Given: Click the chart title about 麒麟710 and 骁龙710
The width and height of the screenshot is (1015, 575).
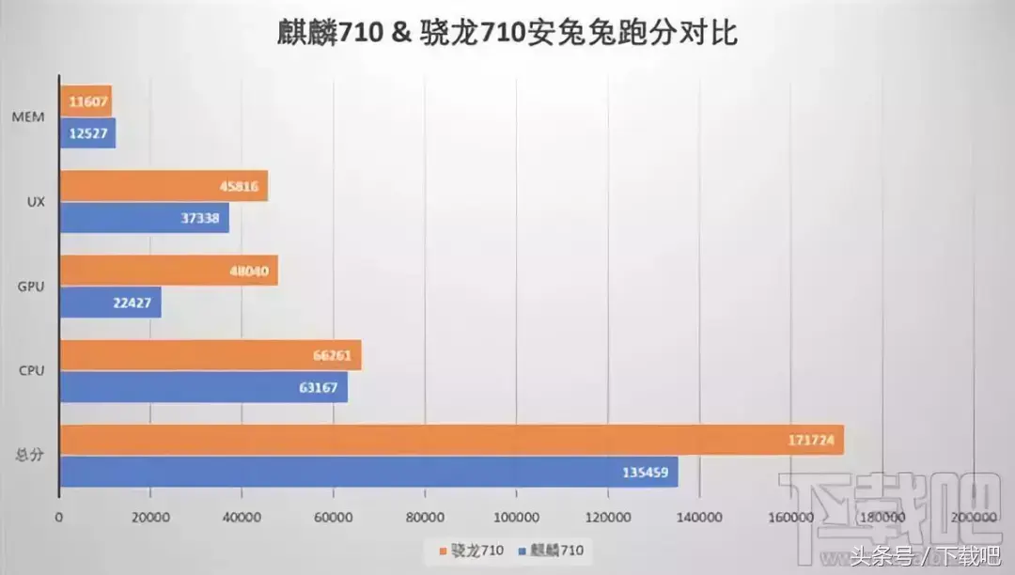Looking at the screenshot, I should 507,34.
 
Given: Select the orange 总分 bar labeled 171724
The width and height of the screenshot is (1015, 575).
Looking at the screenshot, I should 451,440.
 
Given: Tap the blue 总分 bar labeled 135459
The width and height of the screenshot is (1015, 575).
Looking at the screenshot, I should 368,472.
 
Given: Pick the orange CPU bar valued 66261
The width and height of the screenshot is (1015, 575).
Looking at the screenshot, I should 211,355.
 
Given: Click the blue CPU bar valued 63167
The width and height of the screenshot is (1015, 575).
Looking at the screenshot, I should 203,387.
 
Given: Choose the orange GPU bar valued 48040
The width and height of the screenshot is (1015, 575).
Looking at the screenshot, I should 168,271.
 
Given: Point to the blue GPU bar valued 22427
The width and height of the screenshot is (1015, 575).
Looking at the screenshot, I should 110,303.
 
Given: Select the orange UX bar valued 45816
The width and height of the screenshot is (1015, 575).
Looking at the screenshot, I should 164,186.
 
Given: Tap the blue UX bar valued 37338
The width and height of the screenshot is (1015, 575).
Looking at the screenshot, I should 144,218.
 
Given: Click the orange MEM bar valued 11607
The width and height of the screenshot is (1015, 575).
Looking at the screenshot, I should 86,101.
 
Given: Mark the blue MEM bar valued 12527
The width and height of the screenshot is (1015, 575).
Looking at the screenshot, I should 87,132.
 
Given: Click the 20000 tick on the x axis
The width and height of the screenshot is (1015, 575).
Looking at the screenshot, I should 150,518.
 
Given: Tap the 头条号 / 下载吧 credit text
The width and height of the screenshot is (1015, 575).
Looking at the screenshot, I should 926,555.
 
